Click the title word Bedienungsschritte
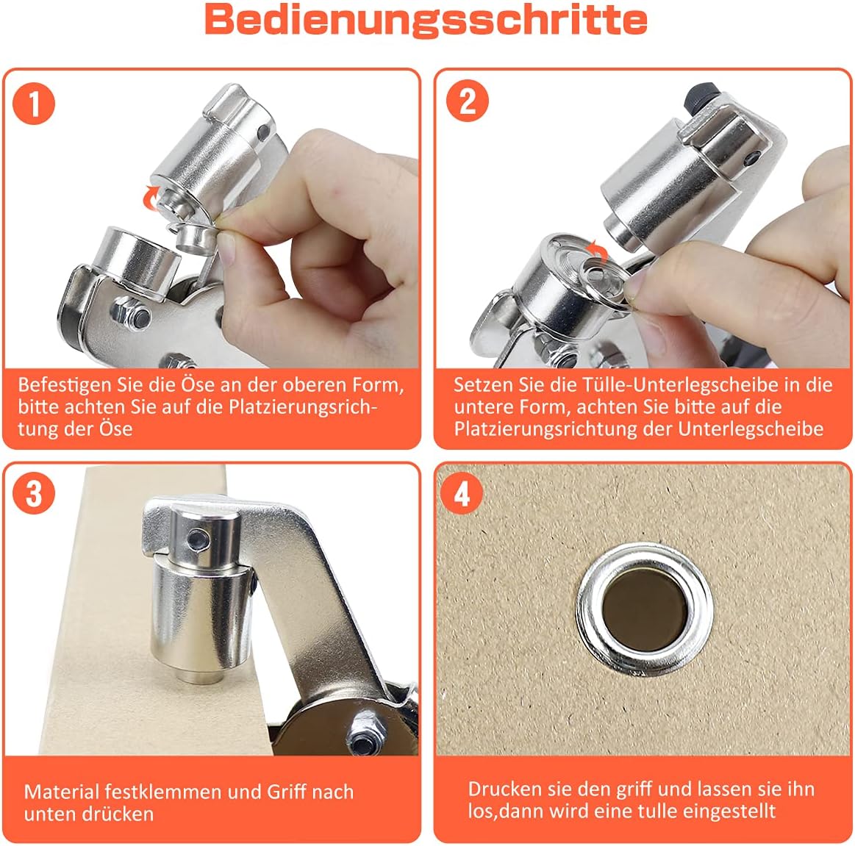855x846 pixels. [x=426, y=20]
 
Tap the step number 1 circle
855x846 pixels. [x=34, y=103]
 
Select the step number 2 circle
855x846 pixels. [x=468, y=101]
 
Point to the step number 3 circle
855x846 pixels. [x=34, y=493]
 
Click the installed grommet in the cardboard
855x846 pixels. [x=645, y=609]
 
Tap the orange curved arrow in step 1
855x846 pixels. [x=149, y=197]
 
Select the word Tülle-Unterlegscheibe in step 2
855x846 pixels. [x=681, y=385]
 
